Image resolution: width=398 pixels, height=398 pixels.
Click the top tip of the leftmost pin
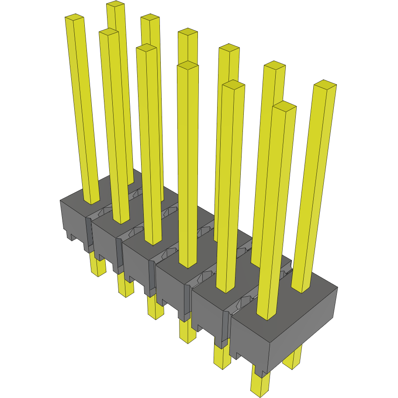click(74, 17)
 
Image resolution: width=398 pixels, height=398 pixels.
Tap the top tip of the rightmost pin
click(325, 84)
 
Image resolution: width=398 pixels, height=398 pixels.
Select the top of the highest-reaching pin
click(116, 4)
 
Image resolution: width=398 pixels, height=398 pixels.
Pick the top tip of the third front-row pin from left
click(146, 48)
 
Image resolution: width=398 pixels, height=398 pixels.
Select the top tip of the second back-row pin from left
click(150, 17)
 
